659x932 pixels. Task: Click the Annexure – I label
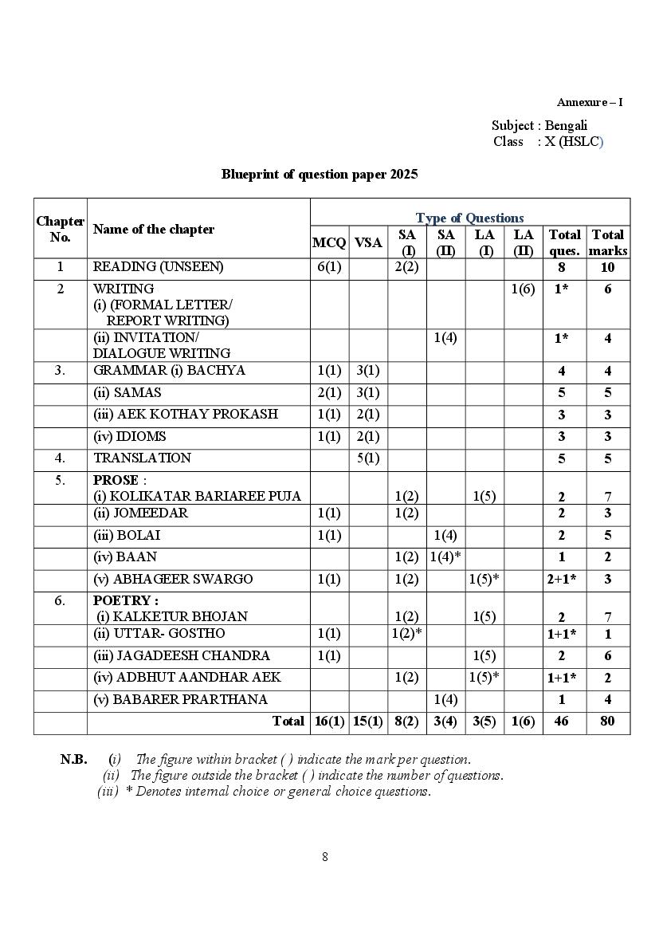(590, 102)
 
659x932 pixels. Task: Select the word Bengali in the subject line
(566, 125)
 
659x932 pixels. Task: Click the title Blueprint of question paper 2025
(320, 174)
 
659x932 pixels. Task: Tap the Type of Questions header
(469, 218)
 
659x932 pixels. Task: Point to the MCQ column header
(328, 242)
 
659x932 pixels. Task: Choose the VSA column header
(368, 242)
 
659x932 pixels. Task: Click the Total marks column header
(607, 242)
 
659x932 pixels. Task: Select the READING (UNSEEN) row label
(158, 267)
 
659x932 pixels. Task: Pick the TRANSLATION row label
(142, 458)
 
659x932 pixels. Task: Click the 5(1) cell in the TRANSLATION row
(368, 458)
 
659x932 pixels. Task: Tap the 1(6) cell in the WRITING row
(523, 289)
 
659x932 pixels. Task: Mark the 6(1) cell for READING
(328, 267)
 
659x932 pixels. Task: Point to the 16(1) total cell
(328, 721)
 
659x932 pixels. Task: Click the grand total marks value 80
(607, 721)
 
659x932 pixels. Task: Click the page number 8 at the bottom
(325, 857)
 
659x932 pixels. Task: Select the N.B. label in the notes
(73, 759)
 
